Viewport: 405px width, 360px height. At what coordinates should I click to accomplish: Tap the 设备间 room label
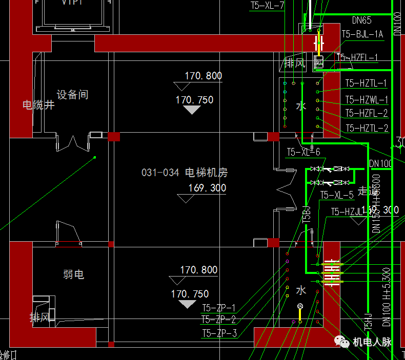pyautogui.click(x=72, y=95)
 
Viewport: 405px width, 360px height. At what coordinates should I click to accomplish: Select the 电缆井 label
pyautogui.click(x=38, y=105)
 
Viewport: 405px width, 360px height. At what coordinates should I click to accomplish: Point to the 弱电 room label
pyautogui.click(x=73, y=275)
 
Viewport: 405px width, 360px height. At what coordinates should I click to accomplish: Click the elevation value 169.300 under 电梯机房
pyautogui.click(x=207, y=188)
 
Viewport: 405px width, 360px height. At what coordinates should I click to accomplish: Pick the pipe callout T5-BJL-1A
pyautogui.click(x=362, y=34)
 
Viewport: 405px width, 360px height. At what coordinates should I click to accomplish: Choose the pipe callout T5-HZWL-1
pyautogui.click(x=366, y=99)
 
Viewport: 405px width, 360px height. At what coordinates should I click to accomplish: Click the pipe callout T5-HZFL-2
pyautogui.click(x=366, y=113)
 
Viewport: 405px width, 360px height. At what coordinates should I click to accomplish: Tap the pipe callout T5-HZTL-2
pyautogui.click(x=366, y=128)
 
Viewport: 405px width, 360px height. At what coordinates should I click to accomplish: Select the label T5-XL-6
pyautogui.click(x=303, y=152)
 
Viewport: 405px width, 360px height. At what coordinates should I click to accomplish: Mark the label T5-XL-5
pyautogui.click(x=336, y=195)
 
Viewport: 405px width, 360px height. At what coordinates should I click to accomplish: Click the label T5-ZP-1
pyautogui.click(x=218, y=308)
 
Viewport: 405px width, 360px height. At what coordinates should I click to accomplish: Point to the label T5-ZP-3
pyautogui.click(x=218, y=333)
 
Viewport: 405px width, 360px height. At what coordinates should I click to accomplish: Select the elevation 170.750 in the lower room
pyautogui.click(x=190, y=294)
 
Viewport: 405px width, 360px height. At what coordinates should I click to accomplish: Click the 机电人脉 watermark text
pyautogui.click(x=372, y=342)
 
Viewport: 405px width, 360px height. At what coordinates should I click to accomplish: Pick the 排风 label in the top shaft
pyautogui.click(x=295, y=63)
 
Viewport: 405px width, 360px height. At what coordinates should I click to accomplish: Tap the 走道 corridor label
pyautogui.click(x=368, y=191)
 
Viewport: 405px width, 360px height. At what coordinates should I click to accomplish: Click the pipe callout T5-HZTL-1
pyautogui.click(x=366, y=83)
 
